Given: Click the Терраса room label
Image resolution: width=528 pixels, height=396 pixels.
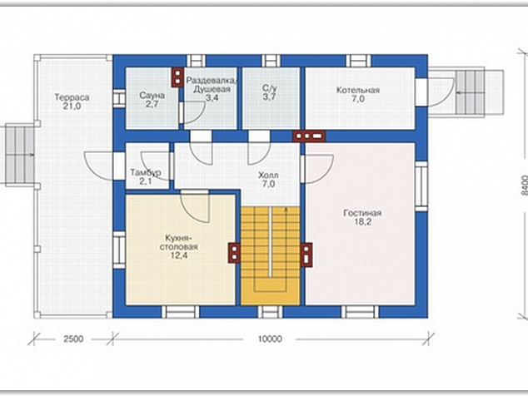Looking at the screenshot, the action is [72, 97].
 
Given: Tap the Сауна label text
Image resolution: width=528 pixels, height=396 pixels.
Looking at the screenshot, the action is [152, 96].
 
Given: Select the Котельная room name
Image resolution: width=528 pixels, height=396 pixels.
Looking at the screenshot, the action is [358, 90].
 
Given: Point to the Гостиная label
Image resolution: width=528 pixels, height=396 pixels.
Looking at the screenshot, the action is [362, 213].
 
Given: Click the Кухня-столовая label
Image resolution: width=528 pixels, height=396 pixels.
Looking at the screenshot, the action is [182, 242].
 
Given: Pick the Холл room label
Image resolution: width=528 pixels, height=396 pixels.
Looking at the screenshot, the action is [268, 176].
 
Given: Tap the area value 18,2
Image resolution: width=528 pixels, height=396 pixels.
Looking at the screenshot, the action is [362, 222].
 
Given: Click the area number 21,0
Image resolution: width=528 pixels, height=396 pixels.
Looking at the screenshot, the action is [72, 106].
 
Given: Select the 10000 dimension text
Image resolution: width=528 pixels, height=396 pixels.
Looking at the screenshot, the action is [270, 339].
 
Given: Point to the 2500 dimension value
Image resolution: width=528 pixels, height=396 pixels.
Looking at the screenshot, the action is [73, 339].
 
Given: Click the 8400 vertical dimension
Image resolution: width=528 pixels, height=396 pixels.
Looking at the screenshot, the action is [524, 185].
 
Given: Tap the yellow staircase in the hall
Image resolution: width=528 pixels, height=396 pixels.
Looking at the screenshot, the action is [271, 255].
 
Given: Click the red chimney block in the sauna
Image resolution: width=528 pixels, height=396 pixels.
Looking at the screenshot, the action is [177, 77].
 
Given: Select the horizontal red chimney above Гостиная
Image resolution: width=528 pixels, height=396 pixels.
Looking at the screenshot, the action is [309, 136].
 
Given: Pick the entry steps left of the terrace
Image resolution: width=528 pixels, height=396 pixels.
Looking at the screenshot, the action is [20, 154].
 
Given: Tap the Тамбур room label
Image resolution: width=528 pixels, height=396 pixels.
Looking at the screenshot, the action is [146, 172].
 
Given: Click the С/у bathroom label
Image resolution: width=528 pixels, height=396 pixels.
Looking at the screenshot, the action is [270, 88].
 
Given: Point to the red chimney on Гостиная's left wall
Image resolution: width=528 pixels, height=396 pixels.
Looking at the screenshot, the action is [306, 255].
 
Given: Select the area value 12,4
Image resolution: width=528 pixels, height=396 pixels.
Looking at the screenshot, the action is [179, 255].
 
